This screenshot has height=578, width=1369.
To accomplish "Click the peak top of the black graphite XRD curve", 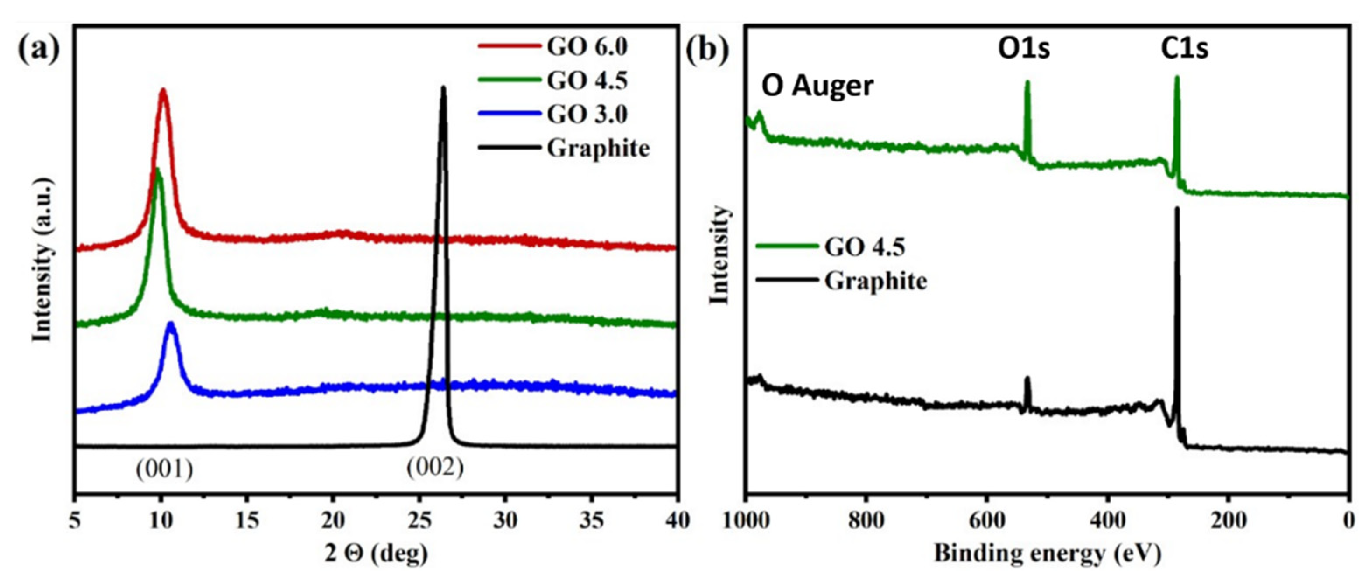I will [x=443, y=88].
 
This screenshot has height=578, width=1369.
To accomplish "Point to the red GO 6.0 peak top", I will [x=163, y=91].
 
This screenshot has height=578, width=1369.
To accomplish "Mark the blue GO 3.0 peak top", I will [x=171, y=323].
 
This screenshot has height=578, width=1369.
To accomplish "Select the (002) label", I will [x=435, y=467].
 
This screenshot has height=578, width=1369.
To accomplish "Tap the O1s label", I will [x=1023, y=49].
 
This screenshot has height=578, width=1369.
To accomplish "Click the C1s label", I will [x=1184, y=49].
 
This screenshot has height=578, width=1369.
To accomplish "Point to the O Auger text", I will [x=817, y=86].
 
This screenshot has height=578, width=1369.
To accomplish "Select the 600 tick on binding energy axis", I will [x=987, y=521].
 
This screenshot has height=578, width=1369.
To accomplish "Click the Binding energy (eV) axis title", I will [x=1047, y=554].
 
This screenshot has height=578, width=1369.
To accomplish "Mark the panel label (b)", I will [x=707, y=50].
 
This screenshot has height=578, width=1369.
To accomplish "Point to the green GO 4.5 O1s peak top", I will [x=1027, y=82].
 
